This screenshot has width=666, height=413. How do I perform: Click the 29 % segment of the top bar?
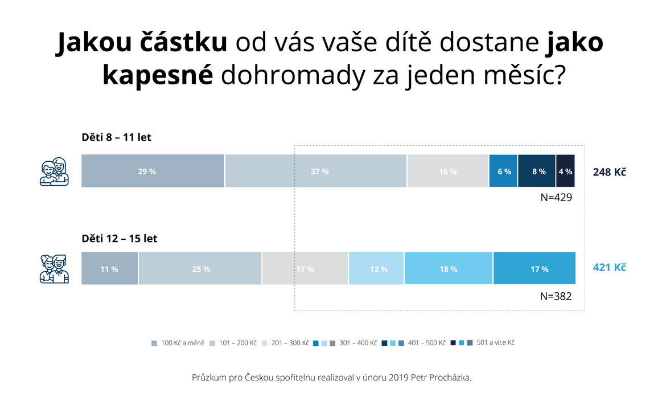(x=153, y=171)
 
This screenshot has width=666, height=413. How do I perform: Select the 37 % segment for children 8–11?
(x=315, y=171)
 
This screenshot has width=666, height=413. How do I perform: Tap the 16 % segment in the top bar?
(x=447, y=171)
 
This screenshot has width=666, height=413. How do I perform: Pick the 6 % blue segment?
(x=503, y=171)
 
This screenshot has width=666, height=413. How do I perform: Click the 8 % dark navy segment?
(x=536, y=171)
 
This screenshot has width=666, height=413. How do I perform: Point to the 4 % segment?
(x=565, y=171)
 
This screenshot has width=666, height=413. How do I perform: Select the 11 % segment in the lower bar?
(x=110, y=268)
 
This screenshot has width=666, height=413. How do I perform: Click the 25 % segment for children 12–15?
(x=200, y=268)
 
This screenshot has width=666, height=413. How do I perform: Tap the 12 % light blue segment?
(x=376, y=268)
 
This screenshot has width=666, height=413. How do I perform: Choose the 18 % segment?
(x=449, y=268)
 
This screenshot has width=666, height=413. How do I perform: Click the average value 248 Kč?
(x=610, y=172)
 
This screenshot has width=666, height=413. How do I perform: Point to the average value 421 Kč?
(x=610, y=267)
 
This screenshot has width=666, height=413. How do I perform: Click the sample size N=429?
(x=556, y=198)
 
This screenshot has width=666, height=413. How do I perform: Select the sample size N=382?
(x=556, y=296)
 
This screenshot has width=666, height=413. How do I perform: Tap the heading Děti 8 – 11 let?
(x=116, y=137)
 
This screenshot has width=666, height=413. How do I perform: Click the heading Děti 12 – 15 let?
(x=120, y=238)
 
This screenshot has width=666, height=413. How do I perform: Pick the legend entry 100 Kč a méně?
(x=178, y=343)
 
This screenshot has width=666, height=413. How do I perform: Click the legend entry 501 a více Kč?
(x=483, y=342)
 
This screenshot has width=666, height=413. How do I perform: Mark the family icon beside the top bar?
(x=55, y=171)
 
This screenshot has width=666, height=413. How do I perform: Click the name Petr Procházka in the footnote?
(x=441, y=377)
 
